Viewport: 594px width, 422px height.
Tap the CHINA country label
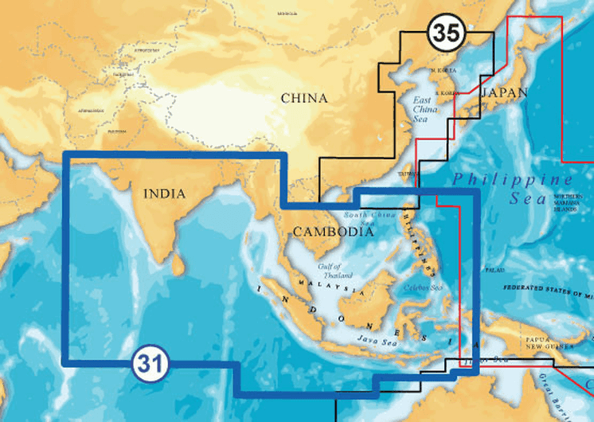[x=303, y=99]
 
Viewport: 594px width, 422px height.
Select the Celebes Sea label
[x=422, y=287]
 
